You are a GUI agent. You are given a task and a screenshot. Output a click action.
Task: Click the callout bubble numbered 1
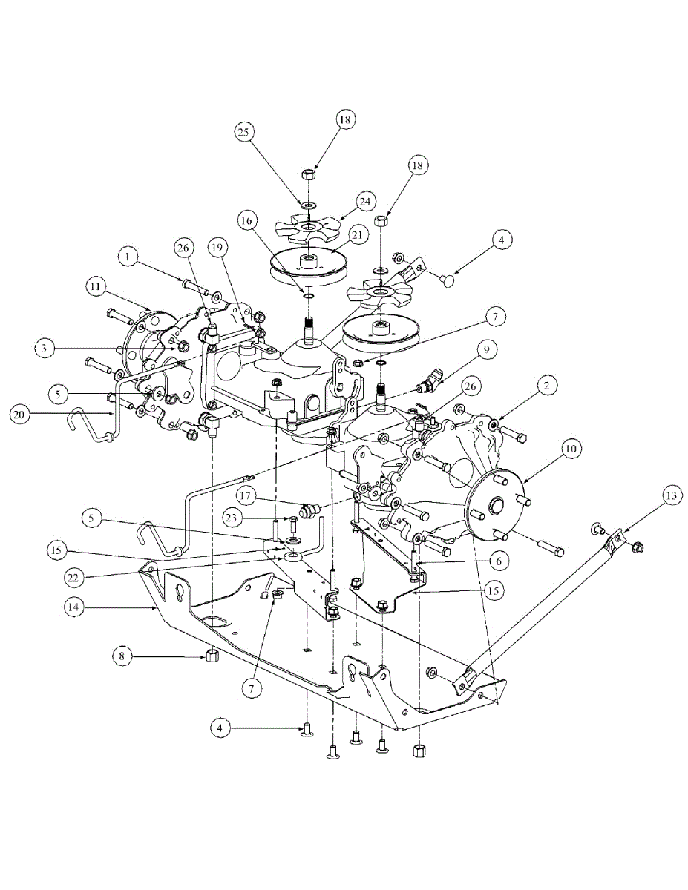(x=128, y=257)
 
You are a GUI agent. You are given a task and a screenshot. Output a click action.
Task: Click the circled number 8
(x=124, y=656)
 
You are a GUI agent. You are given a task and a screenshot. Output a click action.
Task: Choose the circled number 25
(x=246, y=132)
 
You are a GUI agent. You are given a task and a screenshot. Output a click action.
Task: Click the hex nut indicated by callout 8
(x=212, y=656)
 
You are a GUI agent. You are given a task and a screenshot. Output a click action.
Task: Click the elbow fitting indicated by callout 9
(x=427, y=386)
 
